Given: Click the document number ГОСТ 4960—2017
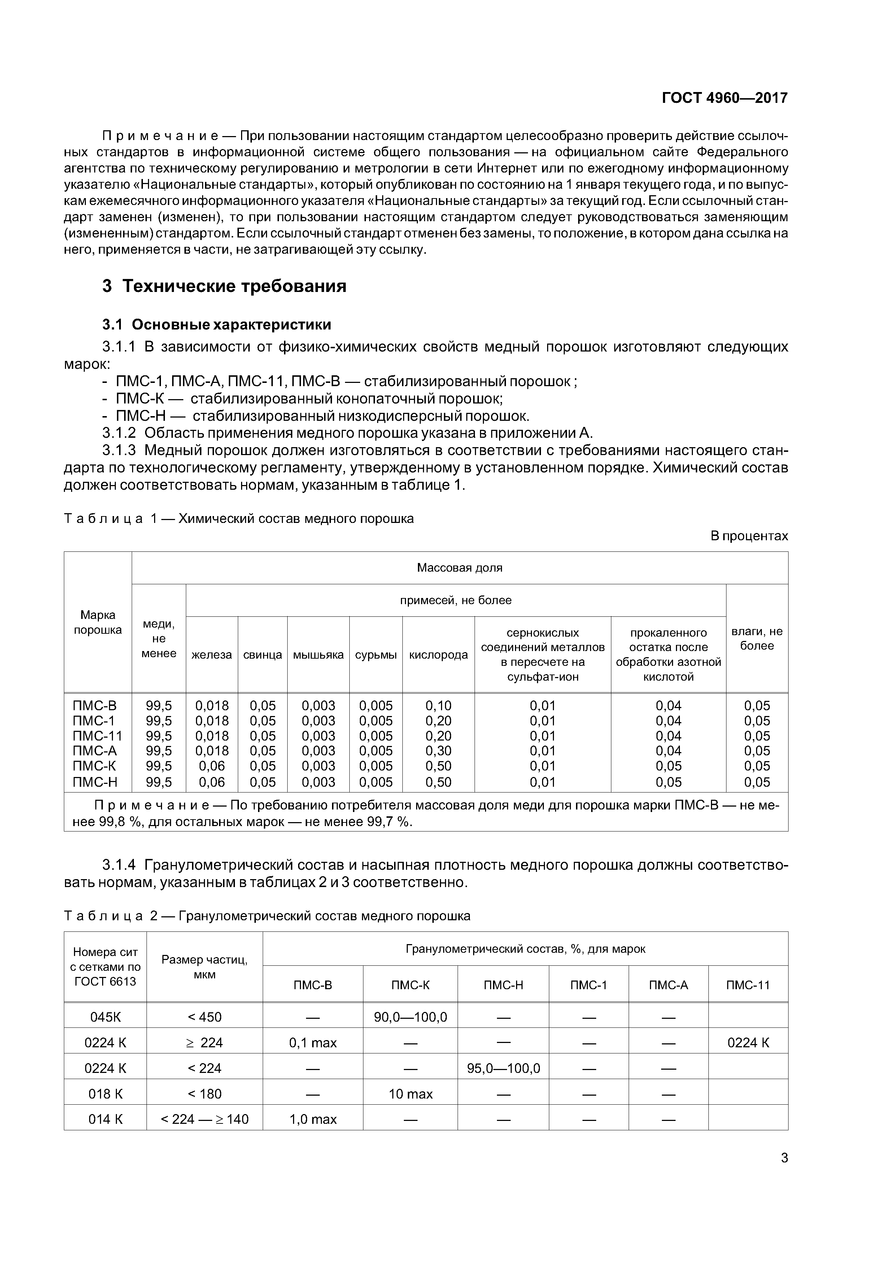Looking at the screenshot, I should [x=724, y=98].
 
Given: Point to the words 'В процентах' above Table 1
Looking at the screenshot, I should [x=749, y=536].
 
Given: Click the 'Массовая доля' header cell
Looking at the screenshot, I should [x=459, y=567].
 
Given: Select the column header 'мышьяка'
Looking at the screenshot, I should [x=318, y=655].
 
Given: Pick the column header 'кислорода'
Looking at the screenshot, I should [x=438, y=655].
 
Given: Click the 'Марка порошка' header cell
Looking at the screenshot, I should [x=97, y=622].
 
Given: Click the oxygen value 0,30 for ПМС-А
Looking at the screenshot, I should [x=438, y=750].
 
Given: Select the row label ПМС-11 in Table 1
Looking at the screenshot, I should [x=97, y=735].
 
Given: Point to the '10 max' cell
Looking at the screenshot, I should [x=410, y=1094].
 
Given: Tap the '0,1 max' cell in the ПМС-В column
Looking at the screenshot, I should [x=313, y=1043].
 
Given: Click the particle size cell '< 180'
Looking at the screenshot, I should [x=205, y=1094].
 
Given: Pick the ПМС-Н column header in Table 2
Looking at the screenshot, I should [x=503, y=985].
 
